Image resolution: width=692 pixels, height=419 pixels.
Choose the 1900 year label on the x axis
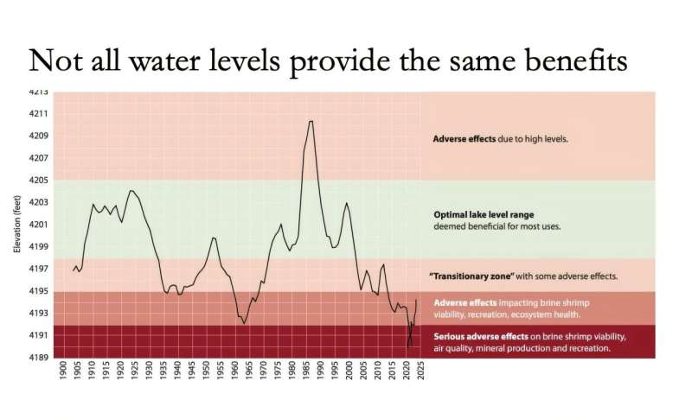pyautogui.click(x=62, y=375)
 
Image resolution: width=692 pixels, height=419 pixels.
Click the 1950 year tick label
pyautogui.click(x=207, y=375)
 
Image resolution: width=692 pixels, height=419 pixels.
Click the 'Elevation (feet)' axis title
pyautogui.click(x=16, y=225)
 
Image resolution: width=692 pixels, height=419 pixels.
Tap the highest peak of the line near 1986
pyautogui.click(x=311, y=121)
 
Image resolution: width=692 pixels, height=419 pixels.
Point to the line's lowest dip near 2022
pyautogui.click(x=410, y=346)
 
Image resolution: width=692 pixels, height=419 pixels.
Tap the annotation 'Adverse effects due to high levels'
pyautogui.click(x=500, y=137)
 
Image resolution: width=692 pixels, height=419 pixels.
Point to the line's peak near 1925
pyautogui.click(x=131, y=190)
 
